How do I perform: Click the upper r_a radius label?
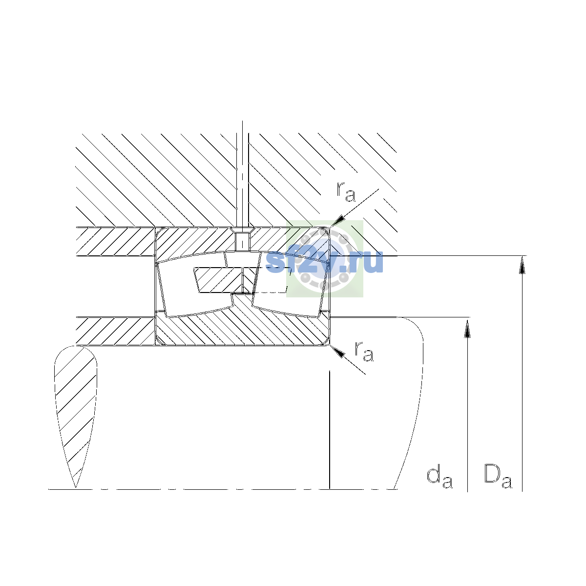[x=346, y=191]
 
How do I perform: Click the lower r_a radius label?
[x=364, y=351]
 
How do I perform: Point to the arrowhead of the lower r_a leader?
[x=337, y=351]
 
